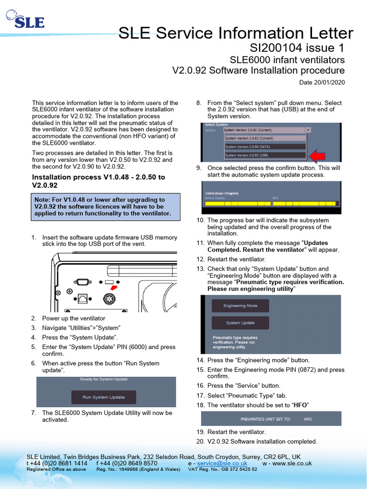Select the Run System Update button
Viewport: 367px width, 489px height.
(x=104, y=397)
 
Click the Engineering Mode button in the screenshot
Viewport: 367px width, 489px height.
(x=240, y=306)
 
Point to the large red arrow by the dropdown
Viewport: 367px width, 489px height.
(x=317, y=155)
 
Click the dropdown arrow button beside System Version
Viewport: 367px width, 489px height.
(x=308, y=129)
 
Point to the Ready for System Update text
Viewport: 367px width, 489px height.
(x=104, y=379)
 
